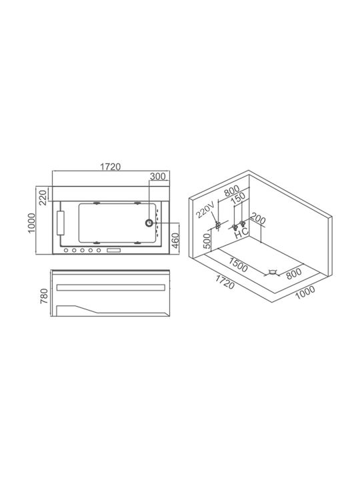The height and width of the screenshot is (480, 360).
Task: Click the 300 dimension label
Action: [x=158, y=176]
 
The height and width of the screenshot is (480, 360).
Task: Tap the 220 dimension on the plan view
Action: [x=43, y=197]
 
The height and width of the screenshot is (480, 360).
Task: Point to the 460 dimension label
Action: [x=175, y=241]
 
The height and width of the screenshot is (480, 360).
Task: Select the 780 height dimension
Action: [x=45, y=296]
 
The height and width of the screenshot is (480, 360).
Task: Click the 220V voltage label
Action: [x=206, y=211]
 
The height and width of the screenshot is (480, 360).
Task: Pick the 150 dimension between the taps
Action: [x=238, y=198]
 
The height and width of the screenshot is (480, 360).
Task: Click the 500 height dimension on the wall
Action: [x=207, y=241]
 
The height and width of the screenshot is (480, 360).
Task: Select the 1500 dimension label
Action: [x=238, y=265]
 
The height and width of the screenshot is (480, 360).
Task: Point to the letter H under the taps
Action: [x=238, y=235]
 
